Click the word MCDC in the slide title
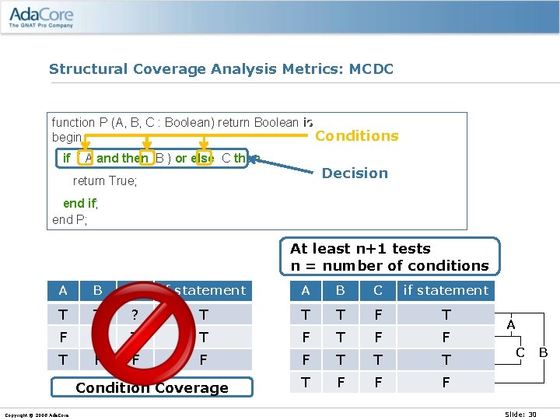click(371, 69)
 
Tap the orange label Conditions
click(356, 136)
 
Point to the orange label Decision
click(355, 173)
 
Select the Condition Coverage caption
click(152, 387)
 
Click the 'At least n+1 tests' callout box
click(389, 257)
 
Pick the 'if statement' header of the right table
click(446, 291)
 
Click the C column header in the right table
click(378, 291)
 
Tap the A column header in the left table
click(63, 291)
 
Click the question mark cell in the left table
click(135, 315)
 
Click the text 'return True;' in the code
click(105, 181)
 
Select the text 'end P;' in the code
click(70, 219)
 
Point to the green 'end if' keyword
click(80, 203)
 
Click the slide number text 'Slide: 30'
click(521, 415)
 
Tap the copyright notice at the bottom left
click(37, 415)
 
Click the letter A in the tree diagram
click(511, 324)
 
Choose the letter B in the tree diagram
click(544, 352)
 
